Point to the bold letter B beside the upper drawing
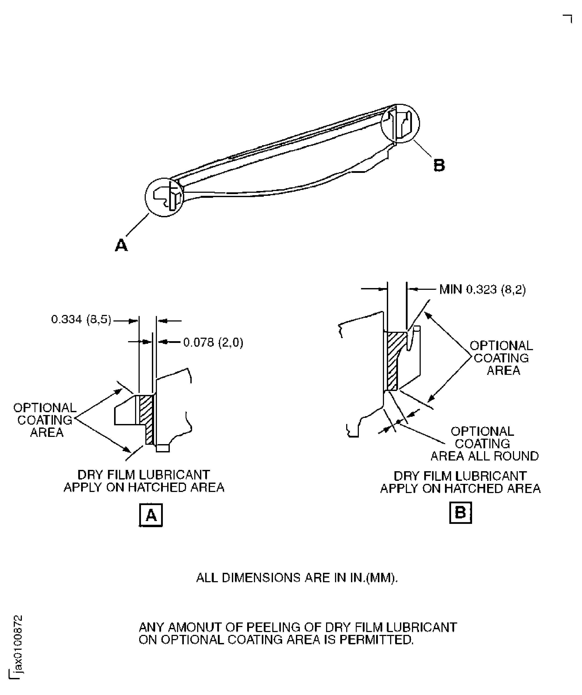[x=439, y=165]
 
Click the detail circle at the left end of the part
[x=164, y=197]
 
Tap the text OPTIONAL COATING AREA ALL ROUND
[x=484, y=444]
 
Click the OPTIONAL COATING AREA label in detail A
[x=45, y=420]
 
